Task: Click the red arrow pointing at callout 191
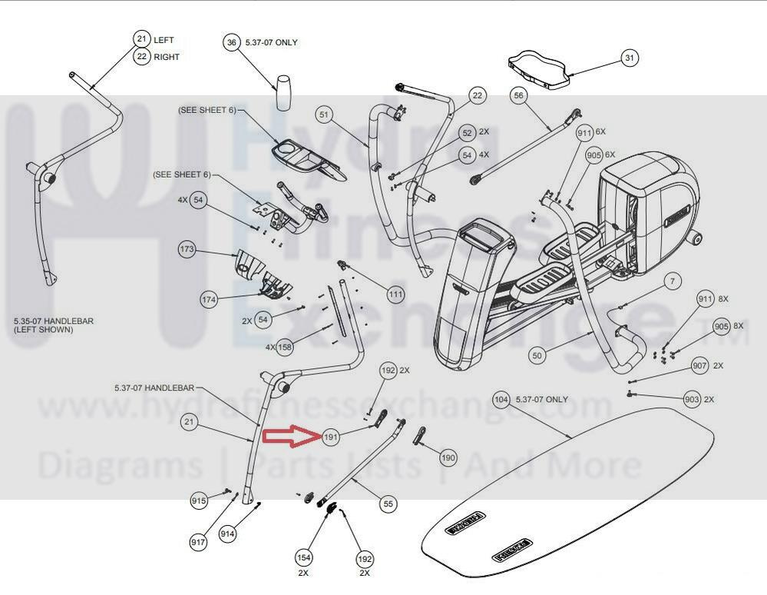[x=290, y=437]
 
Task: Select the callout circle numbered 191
[x=331, y=437]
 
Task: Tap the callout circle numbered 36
[x=232, y=43]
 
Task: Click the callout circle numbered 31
[x=630, y=58]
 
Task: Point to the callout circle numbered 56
[x=519, y=95]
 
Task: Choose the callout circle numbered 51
[x=324, y=115]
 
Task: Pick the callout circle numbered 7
[x=673, y=282]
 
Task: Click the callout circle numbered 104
[x=501, y=400]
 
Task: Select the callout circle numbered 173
[x=187, y=250]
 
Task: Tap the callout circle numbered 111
[x=395, y=294]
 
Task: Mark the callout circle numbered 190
[x=448, y=457]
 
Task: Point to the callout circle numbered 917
[x=199, y=543]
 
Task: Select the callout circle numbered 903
[x=693, y=400]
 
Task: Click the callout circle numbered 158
[x=285, y=347]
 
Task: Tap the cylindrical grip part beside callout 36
[x=283, y=93]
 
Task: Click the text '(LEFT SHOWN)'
[x=44, y=330]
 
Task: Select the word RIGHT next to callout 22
[x=167, y=57]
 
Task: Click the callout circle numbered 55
[x=388, y=504]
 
